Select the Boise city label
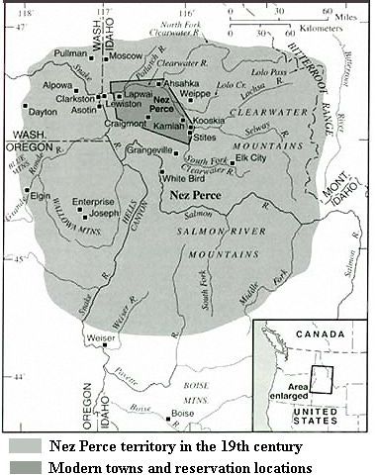pyautogui.click(x=183, y=413)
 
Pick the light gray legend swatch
pyautogui.click(x=21, y=446)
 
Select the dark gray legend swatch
pyautogui.click(x=21, y=466)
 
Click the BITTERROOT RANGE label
pyautogui.click(x=296, y=59)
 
